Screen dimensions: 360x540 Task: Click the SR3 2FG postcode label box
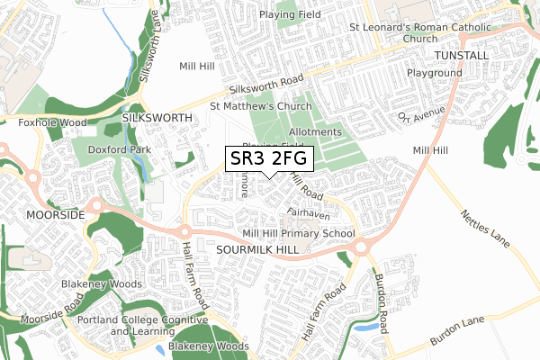click(x=269, y=159)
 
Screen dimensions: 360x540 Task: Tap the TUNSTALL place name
click(x=461, y=55)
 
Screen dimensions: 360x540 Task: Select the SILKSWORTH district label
click(x=157, y=118)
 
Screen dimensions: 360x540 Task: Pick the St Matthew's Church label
click(x=260, y=105)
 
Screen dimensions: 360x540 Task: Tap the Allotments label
click(x=315, y=131)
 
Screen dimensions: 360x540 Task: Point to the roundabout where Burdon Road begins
click(x=364, y=247)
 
